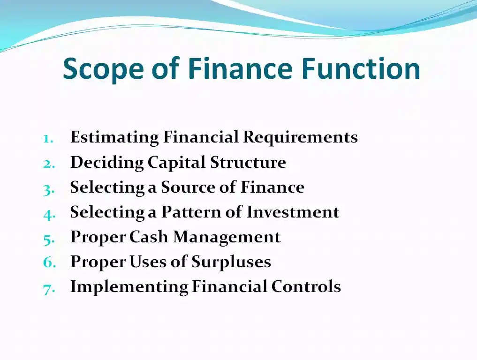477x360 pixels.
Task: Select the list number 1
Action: pos(48,138)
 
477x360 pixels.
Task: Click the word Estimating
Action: pos(114,138)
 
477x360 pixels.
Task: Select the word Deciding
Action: pos(106,163)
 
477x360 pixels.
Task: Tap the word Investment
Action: pos(293,212)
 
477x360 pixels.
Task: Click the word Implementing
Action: pos(129,287)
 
